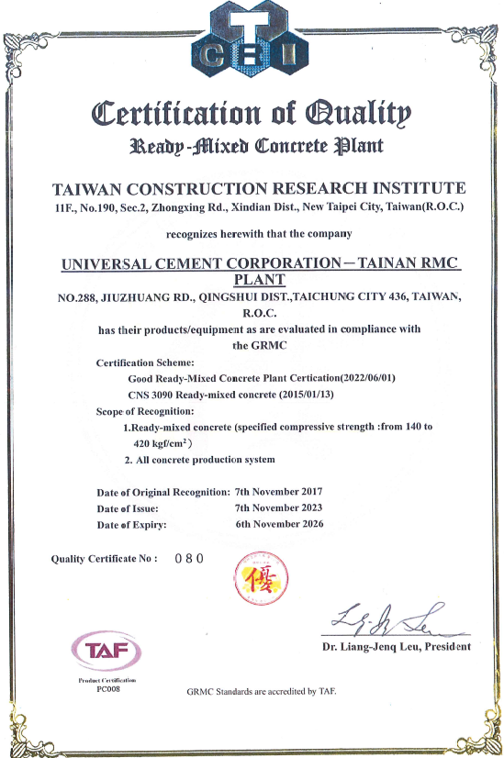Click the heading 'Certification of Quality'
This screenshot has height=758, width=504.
(x=252, y=115)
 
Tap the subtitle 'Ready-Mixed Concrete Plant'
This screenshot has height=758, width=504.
(x=253, y=146)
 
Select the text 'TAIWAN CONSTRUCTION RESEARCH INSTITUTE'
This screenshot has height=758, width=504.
(x=252, y=188)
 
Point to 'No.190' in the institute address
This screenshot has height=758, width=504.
(x=102, y=207)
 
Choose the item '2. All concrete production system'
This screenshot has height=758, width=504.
(x=199, y=459)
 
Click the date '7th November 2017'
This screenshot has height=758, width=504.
(x=279, y=491)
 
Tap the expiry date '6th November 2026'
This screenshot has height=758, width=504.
(x=279, y=524)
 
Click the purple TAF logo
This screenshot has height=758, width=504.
(x=107, y=651)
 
